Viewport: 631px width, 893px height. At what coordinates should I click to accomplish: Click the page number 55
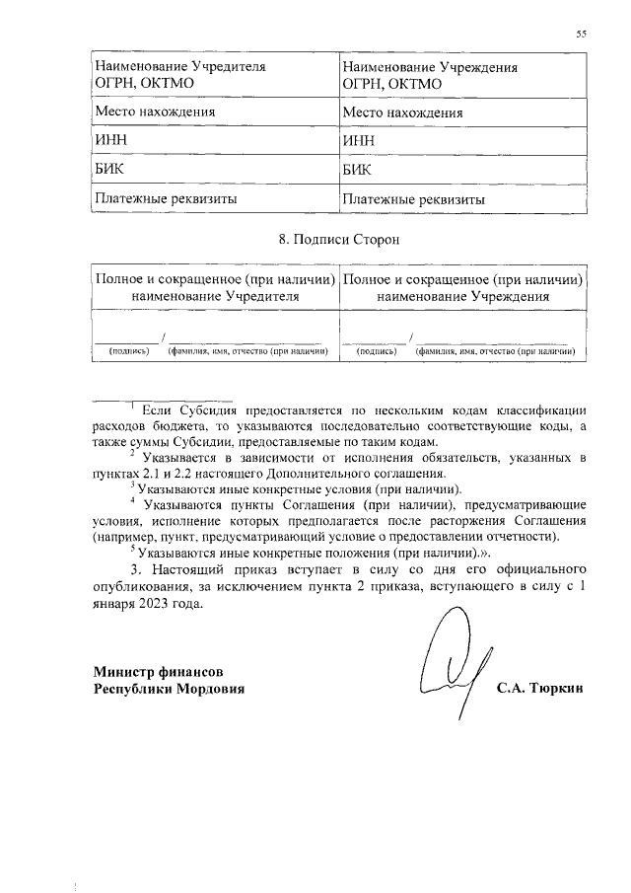tap(582, 35)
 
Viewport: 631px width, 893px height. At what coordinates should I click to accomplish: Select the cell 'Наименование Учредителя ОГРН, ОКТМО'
tap(178, 75)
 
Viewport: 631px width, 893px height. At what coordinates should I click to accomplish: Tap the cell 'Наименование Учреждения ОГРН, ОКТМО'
tap(429, 75)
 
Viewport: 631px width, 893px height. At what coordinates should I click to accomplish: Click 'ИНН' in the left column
tap(108, 141)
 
